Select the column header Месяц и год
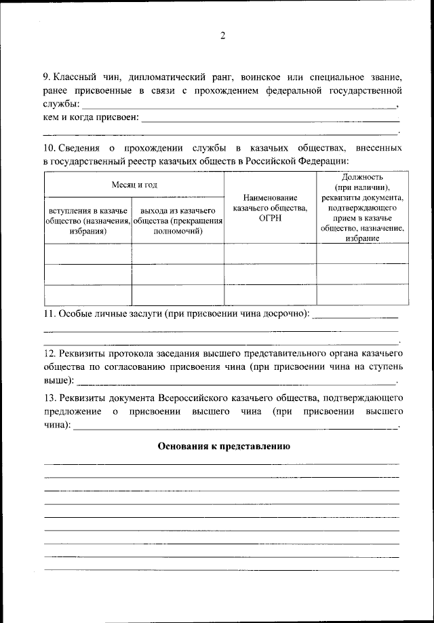point(134,184)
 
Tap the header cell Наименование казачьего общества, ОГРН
point(270,207)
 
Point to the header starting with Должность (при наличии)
point(362,207)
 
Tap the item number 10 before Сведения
point(48,147)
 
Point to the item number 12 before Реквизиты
point(48,354)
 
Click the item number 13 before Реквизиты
point(48,398)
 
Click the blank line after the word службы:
point(237,107)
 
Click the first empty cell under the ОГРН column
point(270,253)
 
